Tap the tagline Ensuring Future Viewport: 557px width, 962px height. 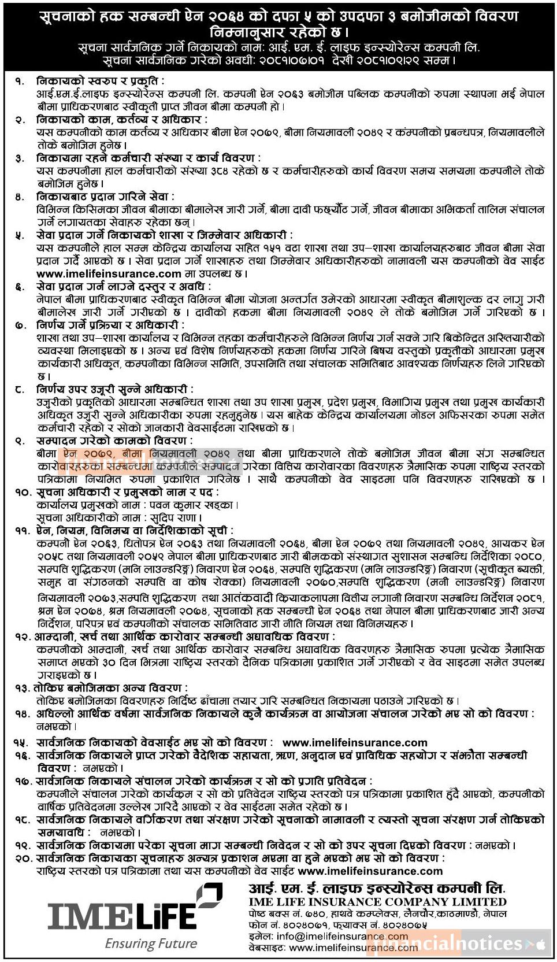tap(151, 944)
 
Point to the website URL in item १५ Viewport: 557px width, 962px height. tap(355, 743)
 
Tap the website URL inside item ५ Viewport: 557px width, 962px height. tap(109, 273)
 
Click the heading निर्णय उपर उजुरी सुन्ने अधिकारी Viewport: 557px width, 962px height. tap(115, 390)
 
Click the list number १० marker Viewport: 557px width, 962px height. tap(24, 493)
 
